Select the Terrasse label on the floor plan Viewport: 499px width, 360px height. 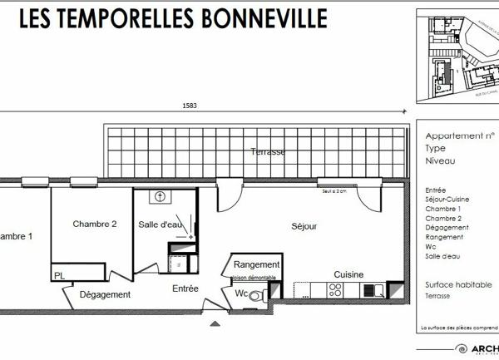268,152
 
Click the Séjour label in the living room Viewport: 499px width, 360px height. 304,226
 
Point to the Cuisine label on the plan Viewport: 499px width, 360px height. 348,274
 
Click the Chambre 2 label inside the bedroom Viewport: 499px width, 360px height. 94,224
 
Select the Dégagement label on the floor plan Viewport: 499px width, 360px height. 105,294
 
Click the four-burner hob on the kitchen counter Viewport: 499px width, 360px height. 337,290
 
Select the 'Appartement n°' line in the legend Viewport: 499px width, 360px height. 460,136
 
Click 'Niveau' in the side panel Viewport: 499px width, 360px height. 439,159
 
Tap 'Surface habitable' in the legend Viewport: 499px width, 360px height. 458,284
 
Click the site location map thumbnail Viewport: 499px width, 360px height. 458,59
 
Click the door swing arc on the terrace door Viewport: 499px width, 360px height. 227,197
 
